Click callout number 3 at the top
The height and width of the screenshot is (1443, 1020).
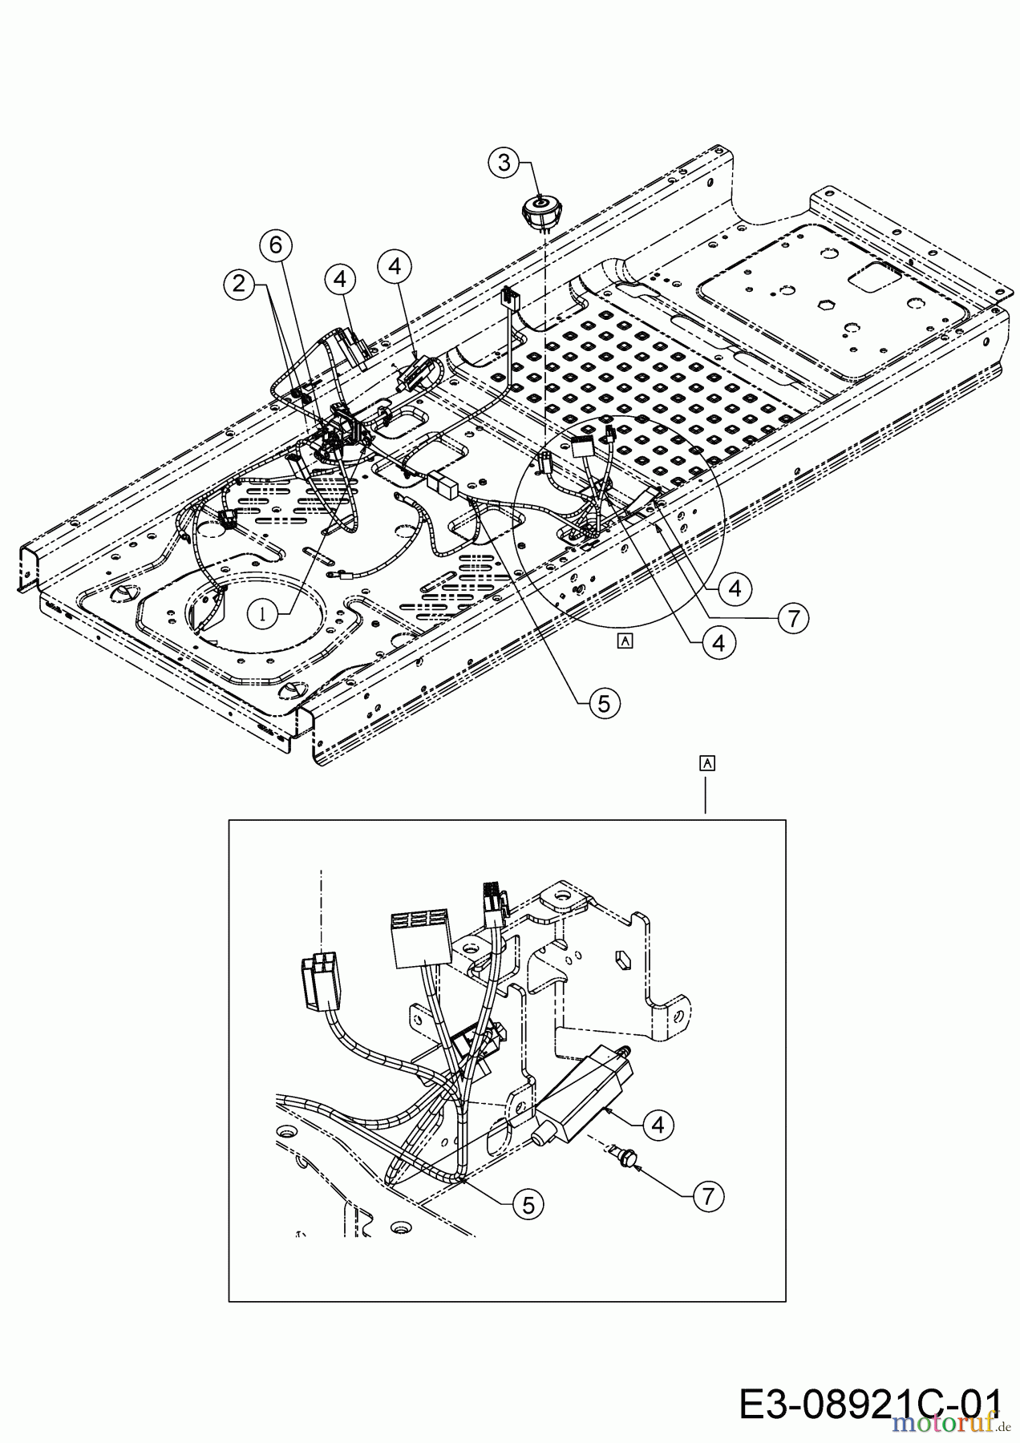point(504,163)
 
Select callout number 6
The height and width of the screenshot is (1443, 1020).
point(276,245)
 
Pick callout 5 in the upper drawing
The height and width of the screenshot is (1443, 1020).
point(602,703)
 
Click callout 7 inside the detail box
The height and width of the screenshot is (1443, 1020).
point(706,1197)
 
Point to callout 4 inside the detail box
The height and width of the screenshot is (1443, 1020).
point(658,1126)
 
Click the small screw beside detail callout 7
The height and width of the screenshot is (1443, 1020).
point(629,1157)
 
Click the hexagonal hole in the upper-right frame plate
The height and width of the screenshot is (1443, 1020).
point(824,304)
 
